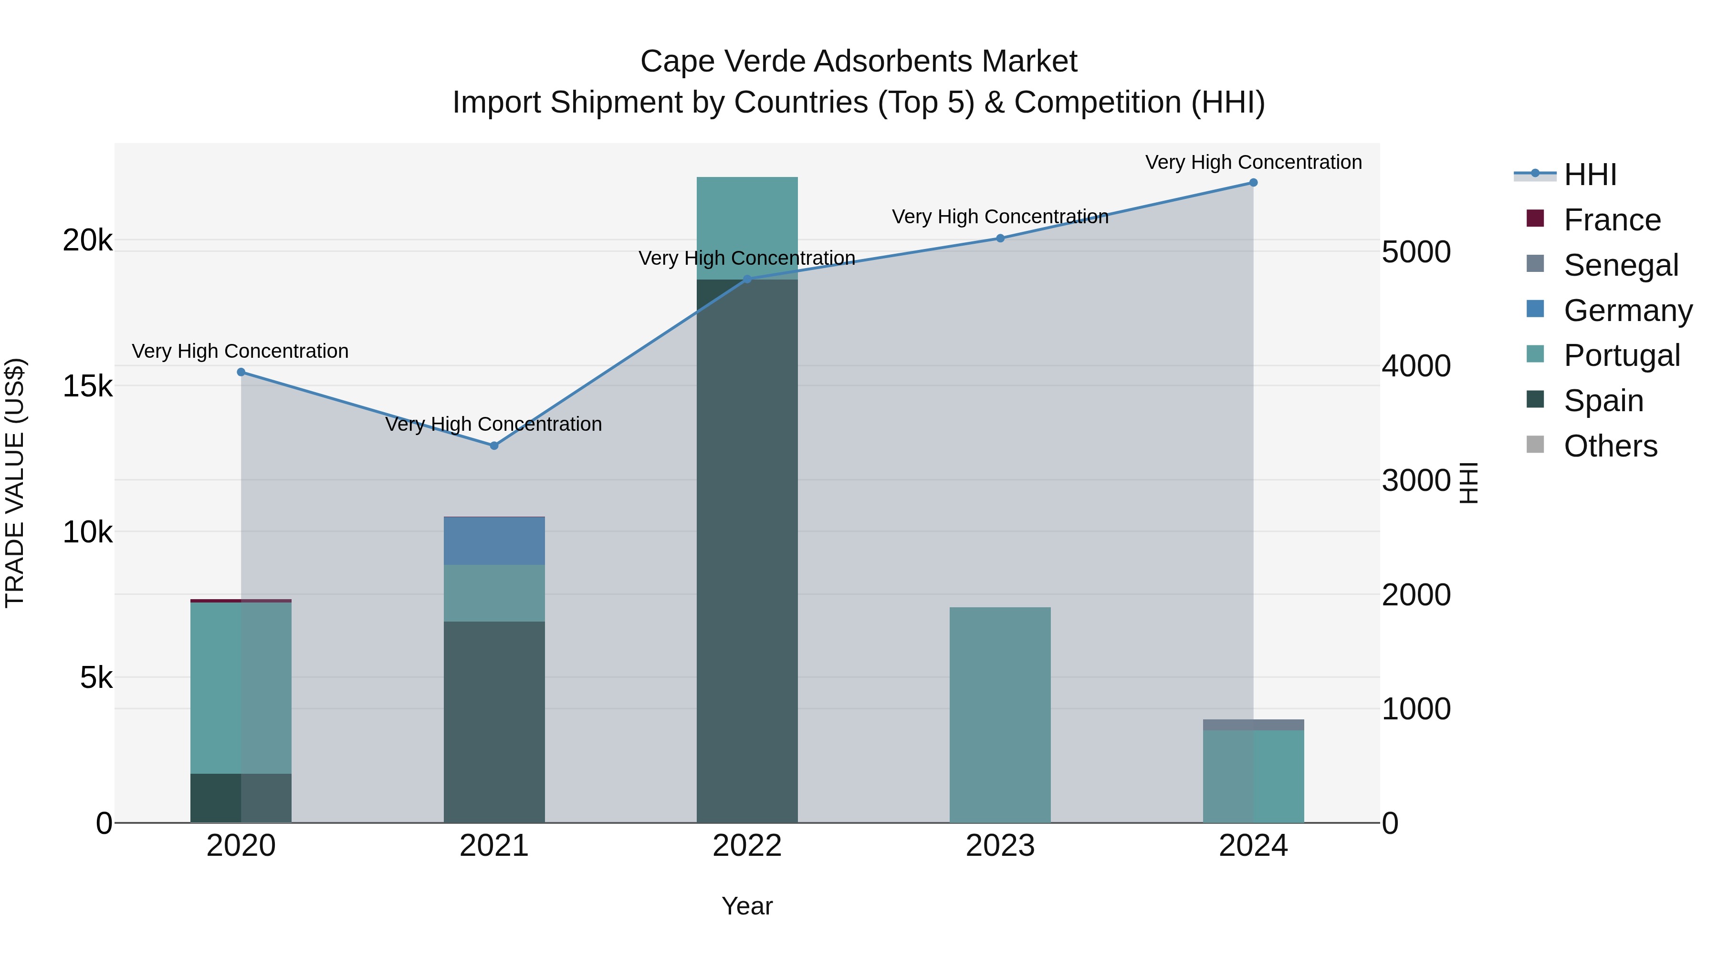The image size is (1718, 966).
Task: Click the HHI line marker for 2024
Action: click(x=1253, y=183)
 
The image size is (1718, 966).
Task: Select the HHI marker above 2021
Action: click(x=494, y=446)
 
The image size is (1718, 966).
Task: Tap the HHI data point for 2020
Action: click(x=241, y=372)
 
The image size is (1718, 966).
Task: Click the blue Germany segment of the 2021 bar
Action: click(x=494, y=540)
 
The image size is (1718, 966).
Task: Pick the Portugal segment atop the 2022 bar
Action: click(x=747, y=228)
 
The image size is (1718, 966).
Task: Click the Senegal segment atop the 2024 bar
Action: click(x=1253, y=725)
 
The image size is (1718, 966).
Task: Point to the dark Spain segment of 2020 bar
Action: click(x=241, y=798)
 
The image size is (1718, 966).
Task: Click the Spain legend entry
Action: click(x=1603, y=401)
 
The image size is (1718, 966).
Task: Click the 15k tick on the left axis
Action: click(x=87, y=386)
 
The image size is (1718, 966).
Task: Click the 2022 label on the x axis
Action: click(x=747, y=846)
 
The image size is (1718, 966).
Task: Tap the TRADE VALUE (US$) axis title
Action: click(x=15, y=483)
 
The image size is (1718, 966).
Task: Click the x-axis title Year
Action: click(x=747, y=906)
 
